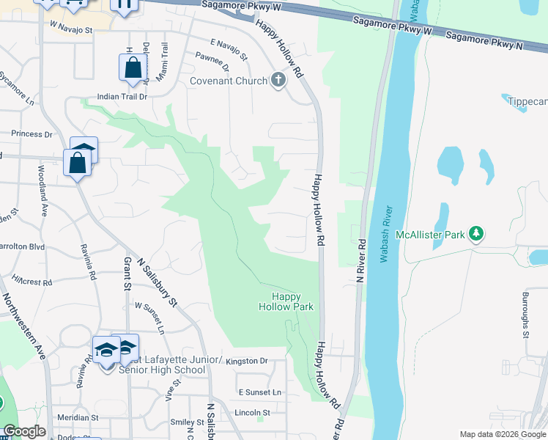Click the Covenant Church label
coord(229,81)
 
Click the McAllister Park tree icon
coord(476,234)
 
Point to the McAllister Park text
coord(430,235)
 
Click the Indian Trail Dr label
coord(122,96)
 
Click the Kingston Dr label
coord(247,361)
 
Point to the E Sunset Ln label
coord(259,392)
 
